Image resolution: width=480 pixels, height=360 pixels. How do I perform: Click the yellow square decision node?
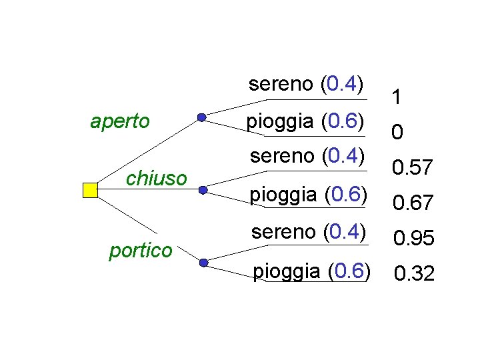90,190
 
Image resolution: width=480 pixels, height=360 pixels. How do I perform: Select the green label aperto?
120,121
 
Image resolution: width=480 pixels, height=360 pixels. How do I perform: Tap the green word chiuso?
156,178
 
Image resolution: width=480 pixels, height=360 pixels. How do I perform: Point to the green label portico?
141,250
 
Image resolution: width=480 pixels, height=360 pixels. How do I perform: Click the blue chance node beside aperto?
202,118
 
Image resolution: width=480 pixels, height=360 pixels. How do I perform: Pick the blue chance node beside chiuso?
202,189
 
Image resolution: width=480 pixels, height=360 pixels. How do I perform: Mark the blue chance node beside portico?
203,263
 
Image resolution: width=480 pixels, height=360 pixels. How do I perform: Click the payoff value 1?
397,99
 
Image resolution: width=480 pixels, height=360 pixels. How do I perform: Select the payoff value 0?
397,134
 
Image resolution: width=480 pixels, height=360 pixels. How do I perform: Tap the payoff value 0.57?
413,168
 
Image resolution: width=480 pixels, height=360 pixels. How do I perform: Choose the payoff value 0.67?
413,202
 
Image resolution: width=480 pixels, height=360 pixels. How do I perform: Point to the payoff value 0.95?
413,237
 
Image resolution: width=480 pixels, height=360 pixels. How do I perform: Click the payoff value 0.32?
414,273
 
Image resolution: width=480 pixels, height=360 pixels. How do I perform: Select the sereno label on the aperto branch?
306,85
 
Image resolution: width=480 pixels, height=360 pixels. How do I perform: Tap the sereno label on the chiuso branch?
308,156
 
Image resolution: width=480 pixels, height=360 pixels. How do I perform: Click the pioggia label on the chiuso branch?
309,195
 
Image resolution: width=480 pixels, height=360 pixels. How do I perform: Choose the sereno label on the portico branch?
309,232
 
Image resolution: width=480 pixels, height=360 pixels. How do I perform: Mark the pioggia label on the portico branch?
311,271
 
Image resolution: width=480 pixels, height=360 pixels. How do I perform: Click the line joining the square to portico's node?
147,227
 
